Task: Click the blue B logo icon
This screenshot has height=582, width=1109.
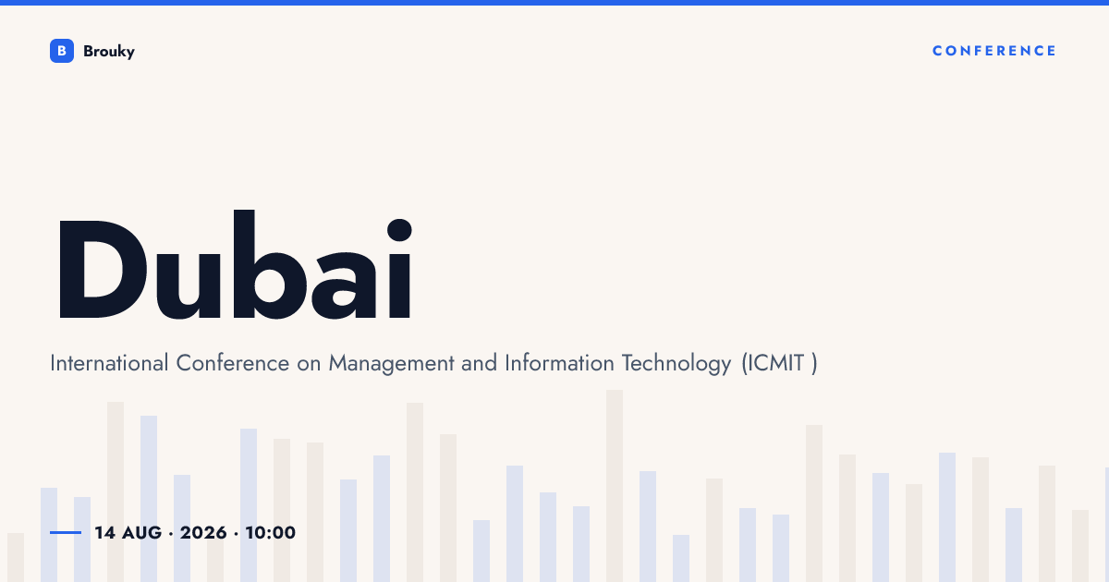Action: point(62,51)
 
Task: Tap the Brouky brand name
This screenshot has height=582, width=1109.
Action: point(109,52)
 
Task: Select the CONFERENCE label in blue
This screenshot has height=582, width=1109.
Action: point(994,51)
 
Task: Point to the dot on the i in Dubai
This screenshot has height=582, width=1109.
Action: point(399,230)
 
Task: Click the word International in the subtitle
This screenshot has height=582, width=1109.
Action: point(109,363)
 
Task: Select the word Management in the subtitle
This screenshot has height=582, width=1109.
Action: point(391,364)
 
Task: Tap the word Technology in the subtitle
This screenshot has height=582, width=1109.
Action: point(676,364)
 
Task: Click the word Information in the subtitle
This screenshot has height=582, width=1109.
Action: point(559,363)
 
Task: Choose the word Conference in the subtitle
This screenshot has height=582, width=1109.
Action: point(233,363)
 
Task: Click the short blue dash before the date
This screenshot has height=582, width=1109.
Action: point(66,532)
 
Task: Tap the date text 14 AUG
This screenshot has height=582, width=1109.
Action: point(128,533)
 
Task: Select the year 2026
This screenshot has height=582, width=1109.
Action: point(203,533)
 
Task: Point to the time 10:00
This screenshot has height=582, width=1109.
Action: point(270,533)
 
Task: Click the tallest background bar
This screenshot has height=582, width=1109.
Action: point(615,486)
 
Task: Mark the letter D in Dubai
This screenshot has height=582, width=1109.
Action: point(103,269)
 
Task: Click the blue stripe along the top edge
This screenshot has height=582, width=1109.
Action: point(554,3)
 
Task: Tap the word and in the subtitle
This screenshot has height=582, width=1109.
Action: point(480,363)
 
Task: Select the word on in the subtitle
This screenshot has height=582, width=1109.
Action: point(309,366)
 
